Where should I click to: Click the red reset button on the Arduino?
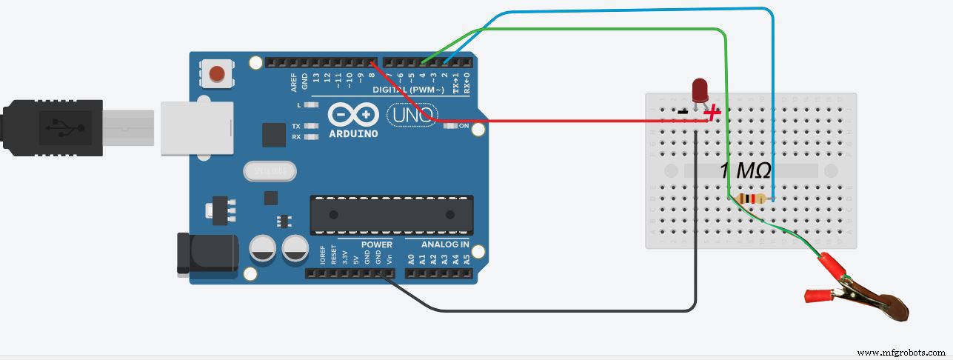click(216, 73)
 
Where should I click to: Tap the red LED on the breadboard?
click(699, 91)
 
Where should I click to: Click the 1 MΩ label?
click(745, 171)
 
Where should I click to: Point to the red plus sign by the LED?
click(712, 113)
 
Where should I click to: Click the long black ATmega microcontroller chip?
click(391, 214)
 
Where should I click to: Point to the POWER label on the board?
click(376, 244)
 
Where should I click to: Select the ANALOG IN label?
click(445, 244)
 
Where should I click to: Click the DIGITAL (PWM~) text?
click(409, 90)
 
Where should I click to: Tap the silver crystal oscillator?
click(270, 172)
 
